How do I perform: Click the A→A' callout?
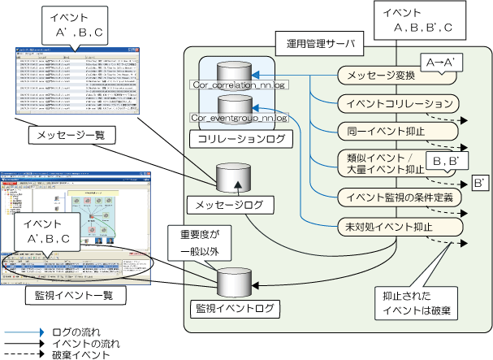coord(441,61)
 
